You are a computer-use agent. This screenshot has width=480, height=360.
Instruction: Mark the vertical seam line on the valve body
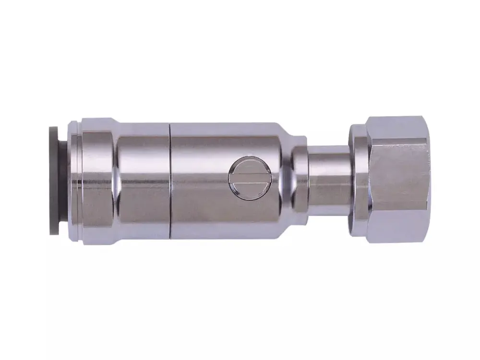click(x=169, y=182)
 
